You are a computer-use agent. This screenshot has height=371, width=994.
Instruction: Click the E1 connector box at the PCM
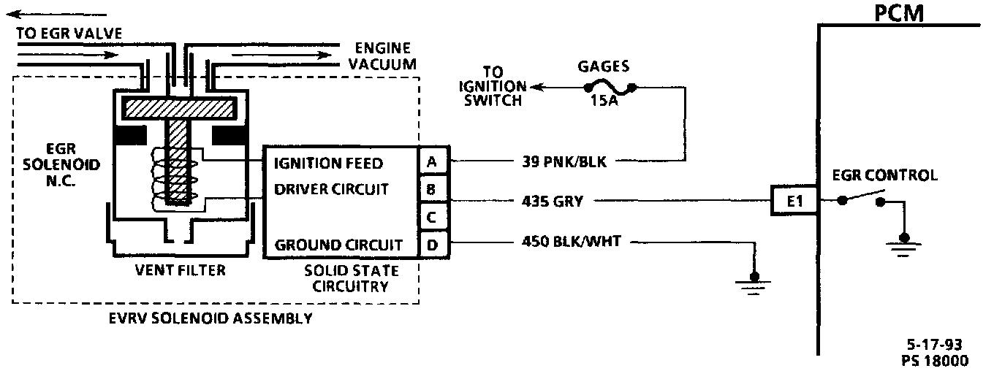coord(795,201)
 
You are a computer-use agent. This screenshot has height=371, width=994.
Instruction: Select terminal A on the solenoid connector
coord(432,163)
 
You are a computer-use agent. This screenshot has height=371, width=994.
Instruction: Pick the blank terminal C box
coord(432,217)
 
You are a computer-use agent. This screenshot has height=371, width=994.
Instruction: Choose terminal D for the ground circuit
coord(432,244)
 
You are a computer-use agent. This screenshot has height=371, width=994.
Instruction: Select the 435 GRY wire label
coord(553,201)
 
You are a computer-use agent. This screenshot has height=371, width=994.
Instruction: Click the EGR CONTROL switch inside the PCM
coord(862,199)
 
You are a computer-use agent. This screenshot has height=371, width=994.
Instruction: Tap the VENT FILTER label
coord(180,270)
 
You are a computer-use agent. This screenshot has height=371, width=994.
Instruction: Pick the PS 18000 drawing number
coord(936,360)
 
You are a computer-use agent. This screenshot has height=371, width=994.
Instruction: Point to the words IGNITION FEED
coord(329,163)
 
